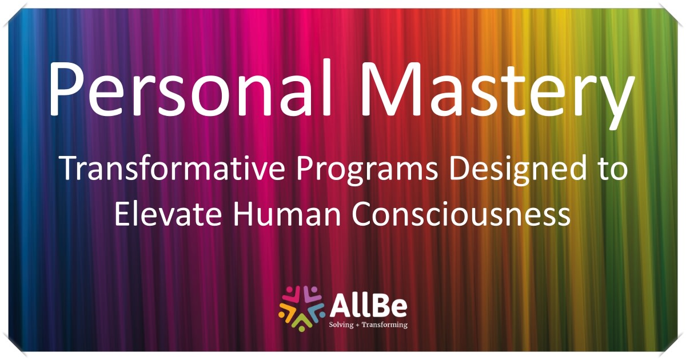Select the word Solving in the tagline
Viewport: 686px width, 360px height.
click(341, 325)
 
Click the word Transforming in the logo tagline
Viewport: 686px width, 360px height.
click(384, 325)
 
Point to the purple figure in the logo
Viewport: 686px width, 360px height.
click(312, 296)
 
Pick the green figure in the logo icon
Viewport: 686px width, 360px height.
click(302, 322)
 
